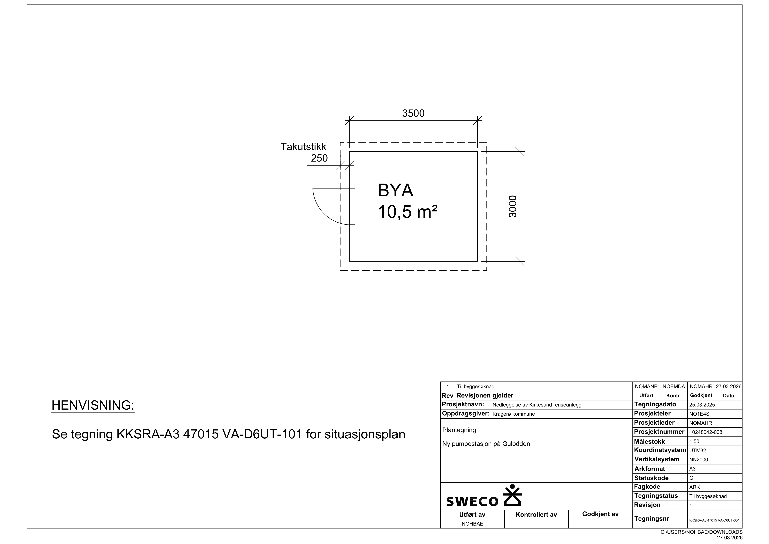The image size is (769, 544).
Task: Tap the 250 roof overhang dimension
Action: [x=319, y=158]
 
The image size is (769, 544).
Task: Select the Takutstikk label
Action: [x=303, y=147]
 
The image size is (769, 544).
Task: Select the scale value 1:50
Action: [x=694, y=441]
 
